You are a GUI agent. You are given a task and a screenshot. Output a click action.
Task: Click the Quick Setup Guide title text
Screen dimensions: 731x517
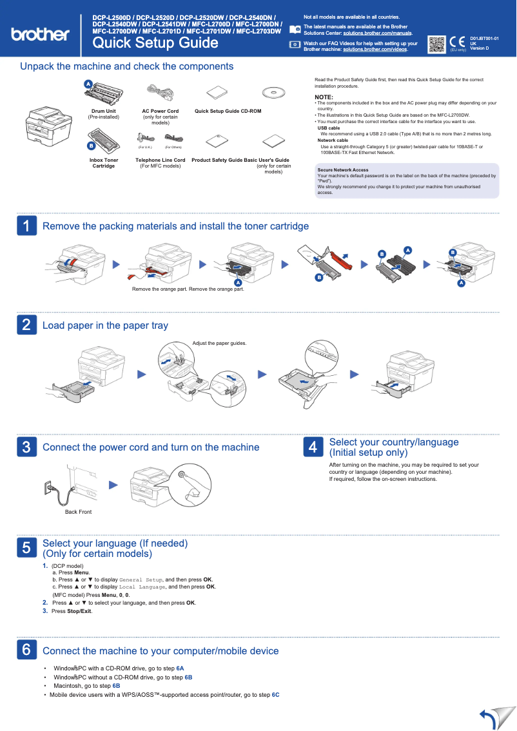click(x=155, y=43)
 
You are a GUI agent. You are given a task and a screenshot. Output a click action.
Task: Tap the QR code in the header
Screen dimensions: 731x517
click(x=436, y=43)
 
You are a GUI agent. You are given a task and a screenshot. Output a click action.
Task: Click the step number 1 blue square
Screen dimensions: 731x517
click(x=26, y=226)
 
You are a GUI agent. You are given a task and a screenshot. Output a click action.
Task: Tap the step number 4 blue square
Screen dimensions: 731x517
click(x=313, y=447)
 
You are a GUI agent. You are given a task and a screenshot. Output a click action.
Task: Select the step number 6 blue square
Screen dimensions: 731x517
click(x=26, y=650)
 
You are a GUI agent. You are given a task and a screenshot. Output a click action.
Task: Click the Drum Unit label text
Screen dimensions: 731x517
click(x=104, y=111)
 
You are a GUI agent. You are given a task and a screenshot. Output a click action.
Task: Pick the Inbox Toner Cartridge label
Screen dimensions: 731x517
click(x=104, y=163)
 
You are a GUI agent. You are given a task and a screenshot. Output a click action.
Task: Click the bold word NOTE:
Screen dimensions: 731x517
click(x=324, y=97)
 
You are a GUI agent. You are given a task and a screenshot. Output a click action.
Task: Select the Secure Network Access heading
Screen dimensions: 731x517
click(x=343, y=170)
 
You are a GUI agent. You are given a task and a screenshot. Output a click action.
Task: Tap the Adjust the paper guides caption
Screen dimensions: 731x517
click(x=219, y=344)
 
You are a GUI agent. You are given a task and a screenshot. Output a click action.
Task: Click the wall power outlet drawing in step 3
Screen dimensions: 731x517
click(x=47, y=487)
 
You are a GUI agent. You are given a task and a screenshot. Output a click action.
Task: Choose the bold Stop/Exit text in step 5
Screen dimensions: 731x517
click(x=79, y=611)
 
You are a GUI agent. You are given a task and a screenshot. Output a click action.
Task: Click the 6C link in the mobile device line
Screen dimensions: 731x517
click(x=275, y=695)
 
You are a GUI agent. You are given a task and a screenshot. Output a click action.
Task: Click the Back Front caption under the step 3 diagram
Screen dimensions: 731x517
click(x=78, y=512)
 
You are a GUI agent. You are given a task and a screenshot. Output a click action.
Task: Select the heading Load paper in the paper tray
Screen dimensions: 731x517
click(x=105, y=326)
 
